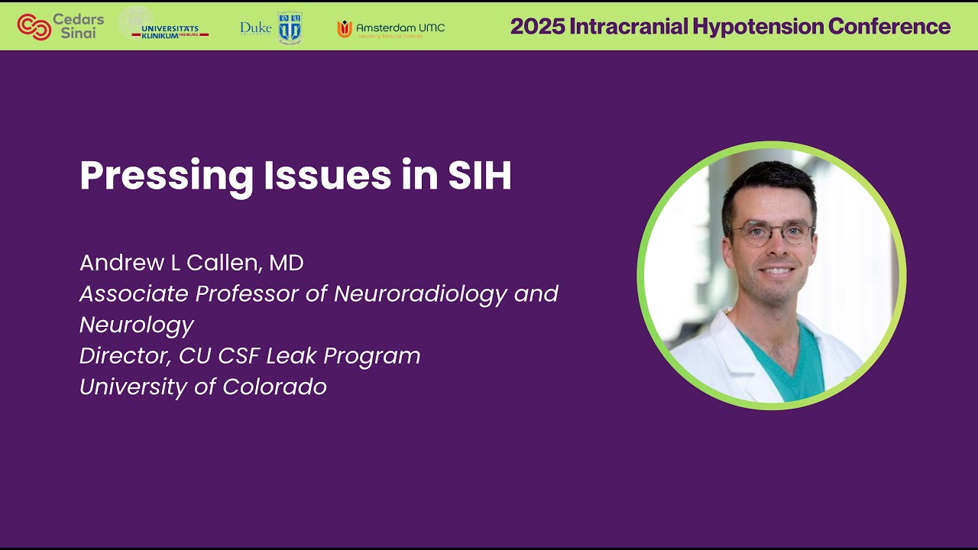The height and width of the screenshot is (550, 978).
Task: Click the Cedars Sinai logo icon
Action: [x=34, y=27]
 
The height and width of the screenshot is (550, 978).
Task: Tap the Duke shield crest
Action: [x=290, y=27]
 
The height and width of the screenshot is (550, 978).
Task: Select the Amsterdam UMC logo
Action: [x=390, y=29]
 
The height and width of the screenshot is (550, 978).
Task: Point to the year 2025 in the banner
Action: [x=536, y=27]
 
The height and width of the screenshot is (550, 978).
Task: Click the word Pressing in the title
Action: [x=166, y=176]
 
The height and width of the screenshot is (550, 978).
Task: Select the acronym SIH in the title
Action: [x=479, y=176]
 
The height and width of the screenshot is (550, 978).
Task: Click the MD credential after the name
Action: [x=287, y=263]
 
